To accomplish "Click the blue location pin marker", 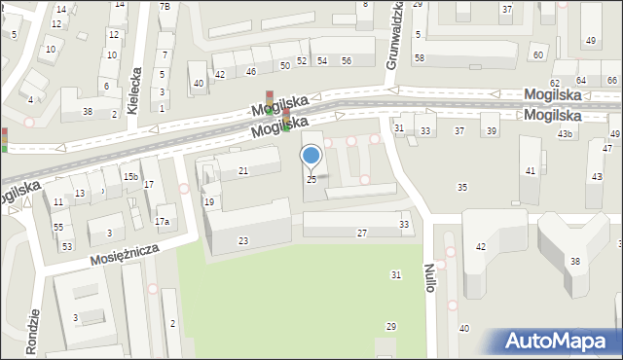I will click(311, 157).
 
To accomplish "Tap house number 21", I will click(243, 171).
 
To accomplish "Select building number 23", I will click(242, 241).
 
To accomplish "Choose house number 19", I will click(209, 201).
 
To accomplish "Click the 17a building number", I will click(163, 222).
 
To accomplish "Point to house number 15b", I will click(129, 176).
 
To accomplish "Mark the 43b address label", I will click(565, 133).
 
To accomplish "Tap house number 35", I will click(462, 187).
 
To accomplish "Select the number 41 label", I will click(530, 170).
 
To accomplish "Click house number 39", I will click(492, 130).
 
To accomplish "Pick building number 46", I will click(251, 71).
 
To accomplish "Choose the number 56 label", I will click(347, 61).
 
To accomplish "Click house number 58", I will click(419, 58).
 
